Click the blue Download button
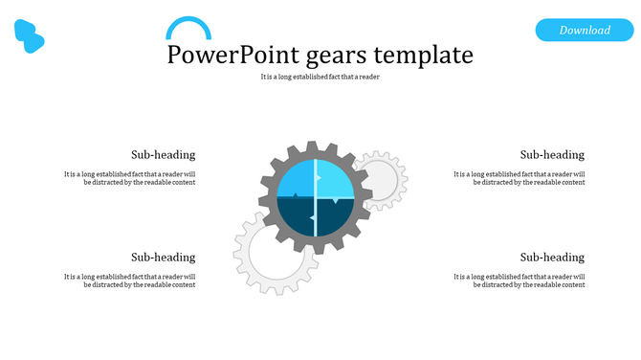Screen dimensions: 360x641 tap(585, 30)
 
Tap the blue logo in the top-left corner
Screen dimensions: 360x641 tap(30, 36)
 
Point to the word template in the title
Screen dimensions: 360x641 tap(426, 55)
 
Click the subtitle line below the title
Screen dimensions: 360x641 tap(320, 77)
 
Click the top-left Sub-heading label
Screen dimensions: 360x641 tap(163, 154)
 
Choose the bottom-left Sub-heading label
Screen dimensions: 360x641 tap(163, 257)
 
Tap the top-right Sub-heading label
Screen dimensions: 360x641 tap(552, 154)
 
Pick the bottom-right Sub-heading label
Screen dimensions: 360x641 tap(552, 257)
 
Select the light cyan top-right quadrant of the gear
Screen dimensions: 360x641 tap(337, 179)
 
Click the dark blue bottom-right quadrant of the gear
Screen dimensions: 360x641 tap(337, 218)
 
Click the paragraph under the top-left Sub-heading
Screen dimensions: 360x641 tap(130, 178)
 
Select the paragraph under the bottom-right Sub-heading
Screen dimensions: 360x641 tap(519, 281)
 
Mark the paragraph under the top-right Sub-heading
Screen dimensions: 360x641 tap(519, 178)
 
